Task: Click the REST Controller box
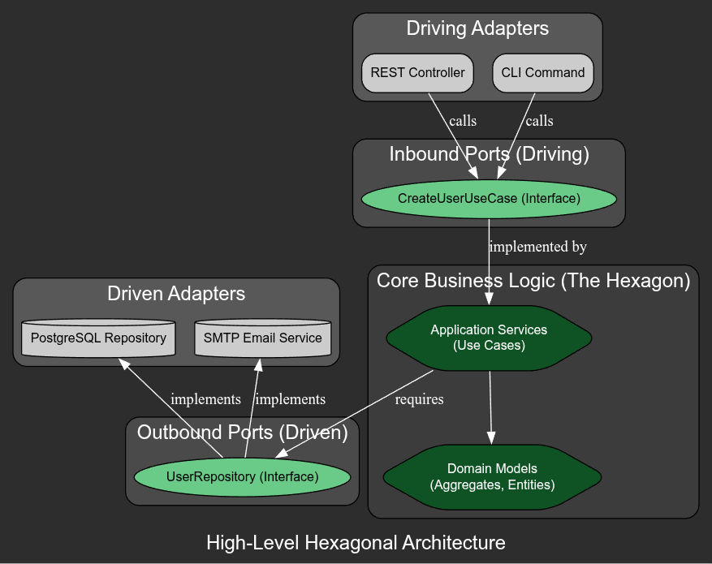pos(417,73)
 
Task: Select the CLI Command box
pos(542,73)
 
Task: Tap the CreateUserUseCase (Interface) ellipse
pos(489,199)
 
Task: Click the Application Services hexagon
pos(489,338)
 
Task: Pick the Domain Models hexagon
pos(491,477)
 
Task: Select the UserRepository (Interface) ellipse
pos(242,477)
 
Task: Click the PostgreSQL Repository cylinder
pos(98,338)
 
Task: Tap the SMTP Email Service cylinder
pos(263,338)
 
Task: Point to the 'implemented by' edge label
pos(537,247)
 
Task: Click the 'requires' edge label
pos(419,399)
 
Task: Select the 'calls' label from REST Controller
pos(463,121)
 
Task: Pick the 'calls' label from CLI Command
pos(539,121)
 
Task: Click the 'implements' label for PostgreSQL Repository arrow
pos(205,399)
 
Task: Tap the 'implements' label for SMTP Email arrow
pos(290,399)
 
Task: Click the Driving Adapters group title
pos(477,28)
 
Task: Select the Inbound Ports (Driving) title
pos(489,154)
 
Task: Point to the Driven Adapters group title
pos(176,294)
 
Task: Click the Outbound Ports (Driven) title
pos(242,433)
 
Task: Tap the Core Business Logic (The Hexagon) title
pos(533,281)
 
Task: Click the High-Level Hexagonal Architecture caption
pos(356,543)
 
